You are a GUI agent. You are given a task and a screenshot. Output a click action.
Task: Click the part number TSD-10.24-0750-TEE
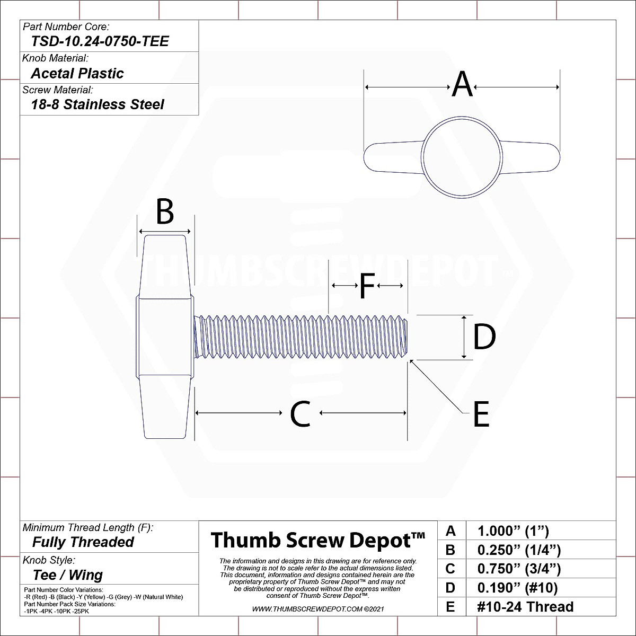point(100,41)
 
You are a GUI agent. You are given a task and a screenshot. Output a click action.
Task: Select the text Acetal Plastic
point(77,73)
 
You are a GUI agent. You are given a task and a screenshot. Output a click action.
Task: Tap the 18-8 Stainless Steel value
point(98,104)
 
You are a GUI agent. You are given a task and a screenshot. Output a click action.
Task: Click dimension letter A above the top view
point(462,85)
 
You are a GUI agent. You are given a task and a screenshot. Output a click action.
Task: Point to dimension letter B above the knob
point(165,212)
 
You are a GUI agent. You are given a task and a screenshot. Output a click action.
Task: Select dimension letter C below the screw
point(300,414)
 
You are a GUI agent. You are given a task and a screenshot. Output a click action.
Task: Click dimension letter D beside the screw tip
point(484,337)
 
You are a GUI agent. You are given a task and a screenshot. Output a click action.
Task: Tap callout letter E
point(481,414)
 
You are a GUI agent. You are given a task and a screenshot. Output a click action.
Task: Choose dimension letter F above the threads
point(367,286)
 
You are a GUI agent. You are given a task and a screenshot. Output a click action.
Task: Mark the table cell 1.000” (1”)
point(513,531)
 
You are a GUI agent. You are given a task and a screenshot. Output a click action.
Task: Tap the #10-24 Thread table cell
point(525,607)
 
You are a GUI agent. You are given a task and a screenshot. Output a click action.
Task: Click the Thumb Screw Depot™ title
point(317,540)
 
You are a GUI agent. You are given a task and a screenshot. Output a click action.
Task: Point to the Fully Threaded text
point(83,542)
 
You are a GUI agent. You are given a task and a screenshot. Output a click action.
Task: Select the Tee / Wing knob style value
point(67,575)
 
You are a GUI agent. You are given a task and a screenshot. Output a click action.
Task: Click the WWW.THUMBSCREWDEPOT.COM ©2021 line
point(318,609)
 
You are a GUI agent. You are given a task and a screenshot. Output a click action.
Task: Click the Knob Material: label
point(55,58)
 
